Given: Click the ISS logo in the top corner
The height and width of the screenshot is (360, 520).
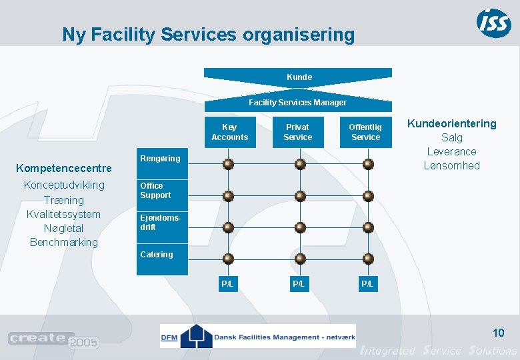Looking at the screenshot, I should click(x=494, y=23).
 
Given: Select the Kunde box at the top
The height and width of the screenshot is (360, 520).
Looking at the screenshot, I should click(x=299, y=77).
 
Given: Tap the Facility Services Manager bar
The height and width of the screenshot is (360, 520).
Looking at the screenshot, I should click(x=297, y=103).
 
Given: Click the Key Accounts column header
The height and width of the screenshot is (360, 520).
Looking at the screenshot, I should click(x=229, y=132).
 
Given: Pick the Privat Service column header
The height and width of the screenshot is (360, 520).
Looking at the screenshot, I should click(x=297, y=132).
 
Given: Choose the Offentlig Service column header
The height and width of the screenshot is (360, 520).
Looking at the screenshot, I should click(x=365, y=132).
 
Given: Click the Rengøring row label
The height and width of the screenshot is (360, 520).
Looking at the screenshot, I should click(x=160, y=159).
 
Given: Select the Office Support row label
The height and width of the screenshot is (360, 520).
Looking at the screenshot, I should click(x=155, y=191).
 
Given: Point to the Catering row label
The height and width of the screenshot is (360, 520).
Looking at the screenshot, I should click(x=157, y=255).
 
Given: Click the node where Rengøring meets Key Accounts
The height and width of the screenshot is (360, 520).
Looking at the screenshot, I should click(x=229, y=164).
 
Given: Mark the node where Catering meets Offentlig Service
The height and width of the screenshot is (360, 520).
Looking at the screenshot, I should click(x=367, y=259).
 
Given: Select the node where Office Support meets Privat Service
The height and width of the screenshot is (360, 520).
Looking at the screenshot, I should click(x=300, y=196).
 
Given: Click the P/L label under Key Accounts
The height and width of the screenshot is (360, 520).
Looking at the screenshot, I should click(x=227, y=284).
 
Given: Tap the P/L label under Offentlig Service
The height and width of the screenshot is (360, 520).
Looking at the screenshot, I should click(x=367, y=284).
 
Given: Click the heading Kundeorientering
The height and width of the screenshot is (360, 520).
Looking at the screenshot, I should click(x=451, y=124).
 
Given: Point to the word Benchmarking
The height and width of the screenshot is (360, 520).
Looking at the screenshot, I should click(x=64, y=242).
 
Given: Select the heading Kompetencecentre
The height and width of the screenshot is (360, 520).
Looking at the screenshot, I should click(x=64, y=168).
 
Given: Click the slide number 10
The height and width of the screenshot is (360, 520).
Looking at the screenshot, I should click(x=498, y=333).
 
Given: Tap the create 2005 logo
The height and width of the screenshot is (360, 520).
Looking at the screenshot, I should click(x=53, y=340).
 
